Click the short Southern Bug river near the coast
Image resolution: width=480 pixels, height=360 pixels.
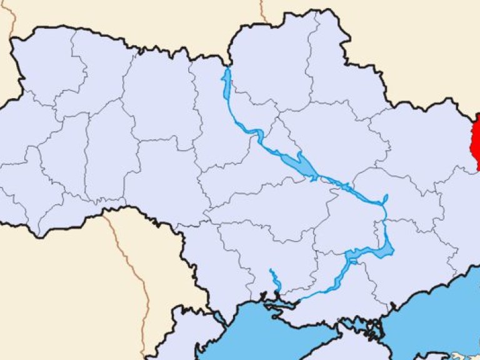point(273,279)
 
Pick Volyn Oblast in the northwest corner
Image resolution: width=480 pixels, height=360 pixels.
point(44,69)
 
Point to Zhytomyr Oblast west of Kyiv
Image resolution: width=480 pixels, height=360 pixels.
point(156,100)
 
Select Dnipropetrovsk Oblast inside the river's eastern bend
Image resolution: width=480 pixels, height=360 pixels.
point(350,219)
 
